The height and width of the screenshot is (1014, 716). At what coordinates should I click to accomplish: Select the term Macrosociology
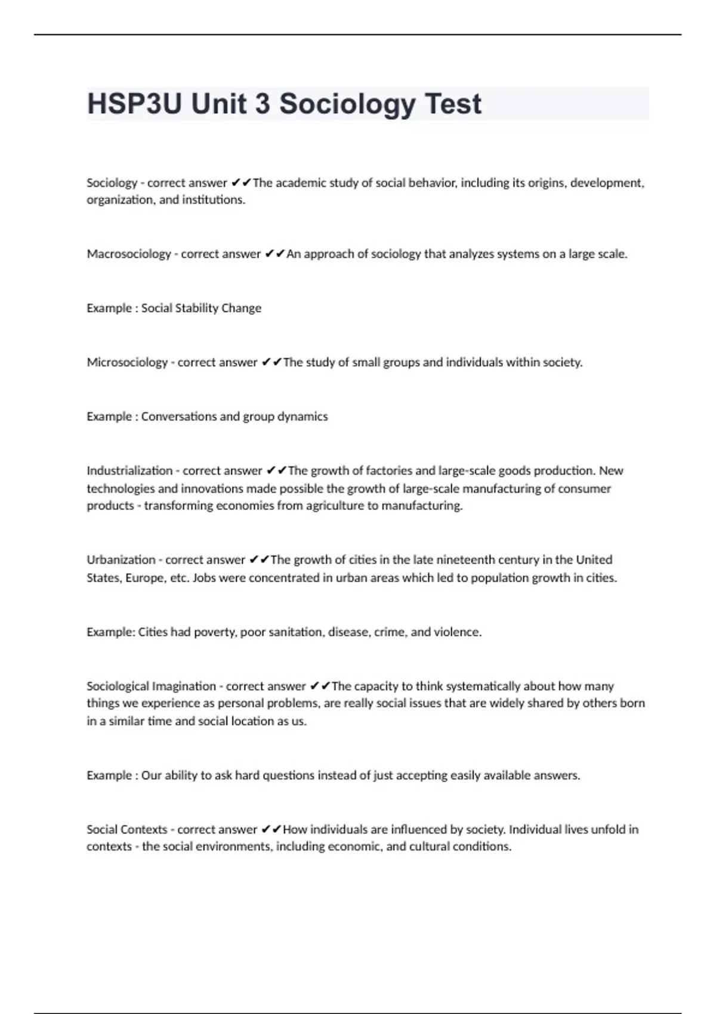click(129, 254)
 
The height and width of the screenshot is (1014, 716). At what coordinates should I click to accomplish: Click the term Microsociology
click(127, 362)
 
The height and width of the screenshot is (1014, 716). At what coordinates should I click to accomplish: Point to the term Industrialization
click(129, 471)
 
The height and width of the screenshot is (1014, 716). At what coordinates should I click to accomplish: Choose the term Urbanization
click(121, 560)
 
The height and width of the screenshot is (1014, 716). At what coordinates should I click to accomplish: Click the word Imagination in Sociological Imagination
click(184, 686)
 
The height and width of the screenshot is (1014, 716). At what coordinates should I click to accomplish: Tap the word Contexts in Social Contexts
click(144, 829)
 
